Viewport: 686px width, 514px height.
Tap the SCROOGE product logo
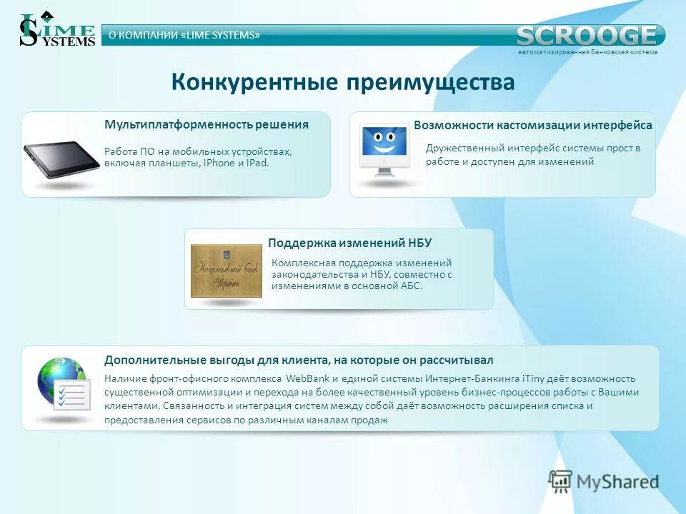[587, 35]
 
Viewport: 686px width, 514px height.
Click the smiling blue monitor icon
[384, 146]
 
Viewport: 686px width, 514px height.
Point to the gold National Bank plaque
[226, 271]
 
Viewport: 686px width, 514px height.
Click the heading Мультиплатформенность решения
[207, 124]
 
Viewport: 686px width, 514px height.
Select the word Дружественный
[464, 148]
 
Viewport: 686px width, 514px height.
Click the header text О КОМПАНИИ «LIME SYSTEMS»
[184, 35]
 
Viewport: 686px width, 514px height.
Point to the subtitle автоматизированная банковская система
[587, 52]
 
